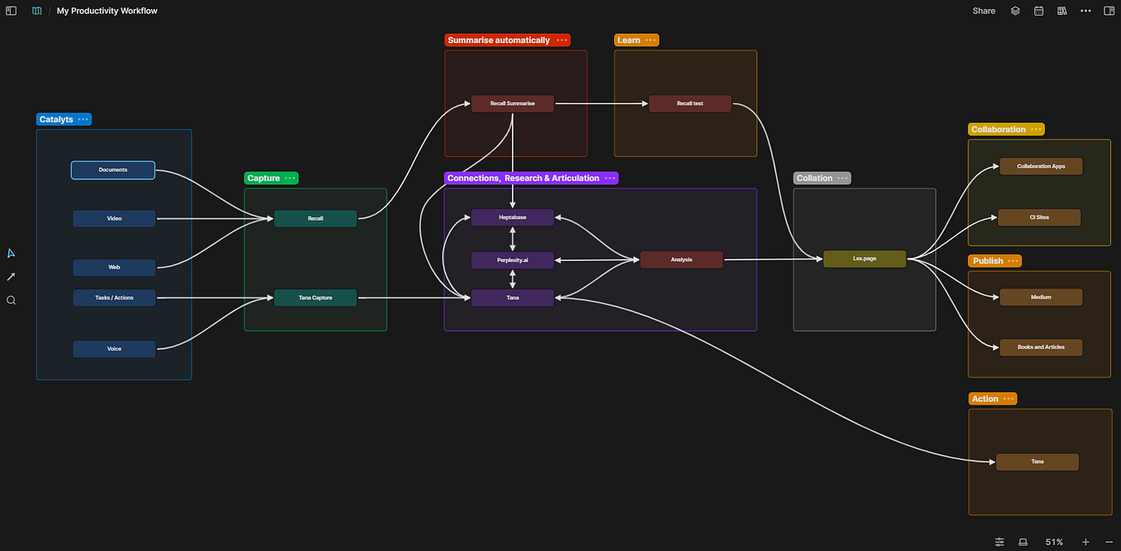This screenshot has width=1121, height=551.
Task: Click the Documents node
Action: [113, 170]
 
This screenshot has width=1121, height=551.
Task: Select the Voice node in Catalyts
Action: [114, 349]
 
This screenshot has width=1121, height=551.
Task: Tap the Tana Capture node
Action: [315, 297]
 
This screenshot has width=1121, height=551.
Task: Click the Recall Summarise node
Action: [513, 103]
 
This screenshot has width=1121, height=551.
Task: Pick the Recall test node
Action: [690, 103]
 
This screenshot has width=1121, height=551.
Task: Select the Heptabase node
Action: [513, 217]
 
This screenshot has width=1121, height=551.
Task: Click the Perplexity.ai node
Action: [513, 260]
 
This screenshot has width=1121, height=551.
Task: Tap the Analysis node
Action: [681, 259]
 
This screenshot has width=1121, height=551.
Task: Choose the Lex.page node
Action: [864, 259]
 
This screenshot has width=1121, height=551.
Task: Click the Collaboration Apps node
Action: [1041, 166]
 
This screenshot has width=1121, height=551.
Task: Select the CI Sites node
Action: [1039, 217]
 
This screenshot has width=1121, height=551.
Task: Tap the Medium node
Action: [1041, 297]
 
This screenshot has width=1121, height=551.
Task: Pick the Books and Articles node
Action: [1041, 347]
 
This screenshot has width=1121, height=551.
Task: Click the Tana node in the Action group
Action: [1038, 462]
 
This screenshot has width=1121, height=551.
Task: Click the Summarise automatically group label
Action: [499, 40]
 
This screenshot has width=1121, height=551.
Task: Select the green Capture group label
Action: [263, 178]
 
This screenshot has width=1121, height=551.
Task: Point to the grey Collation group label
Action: [814, 178]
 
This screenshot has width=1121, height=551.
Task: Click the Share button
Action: [983, 11]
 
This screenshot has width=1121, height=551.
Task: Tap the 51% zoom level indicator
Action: [1054, 542]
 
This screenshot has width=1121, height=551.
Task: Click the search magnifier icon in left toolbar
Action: [12, 301]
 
